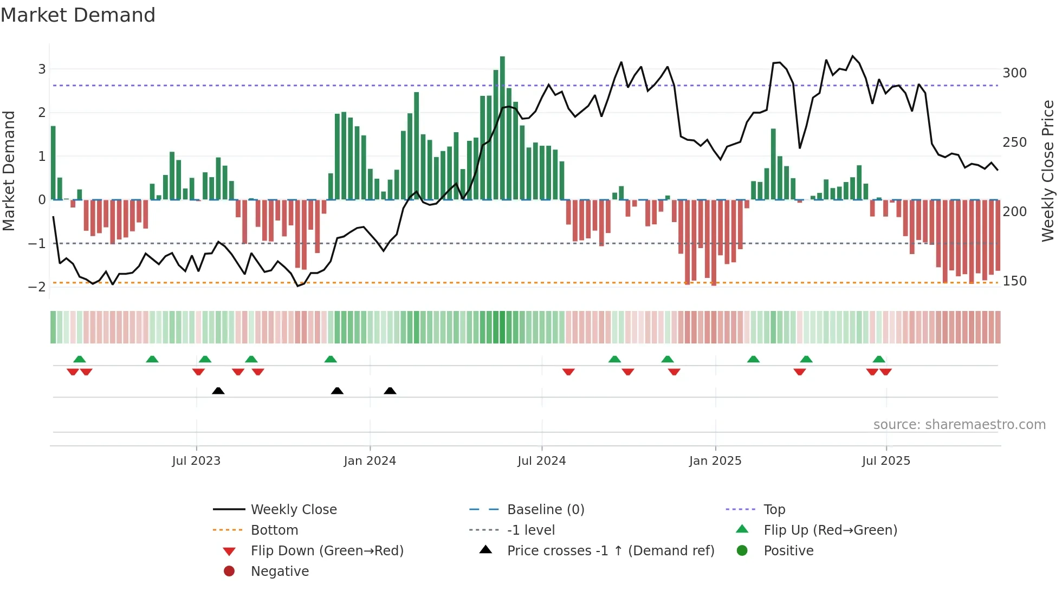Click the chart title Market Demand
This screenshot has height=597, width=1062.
[78, 15]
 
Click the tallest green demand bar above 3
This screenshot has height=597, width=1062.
[502, 128]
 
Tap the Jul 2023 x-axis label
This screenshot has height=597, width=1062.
[196, 461]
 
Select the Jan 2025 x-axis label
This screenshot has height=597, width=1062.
[715, 461]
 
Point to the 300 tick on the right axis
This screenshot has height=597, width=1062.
[1014, 73]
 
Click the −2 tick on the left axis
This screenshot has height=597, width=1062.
[37, 287]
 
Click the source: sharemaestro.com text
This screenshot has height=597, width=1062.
[959, 425]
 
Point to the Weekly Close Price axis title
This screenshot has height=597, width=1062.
[1048, 171]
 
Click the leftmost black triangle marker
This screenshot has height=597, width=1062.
[218, 391]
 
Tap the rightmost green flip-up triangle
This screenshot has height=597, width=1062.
[879, 359]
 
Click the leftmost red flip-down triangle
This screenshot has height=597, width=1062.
[73, 372]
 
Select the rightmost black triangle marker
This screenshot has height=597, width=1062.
[390, 391]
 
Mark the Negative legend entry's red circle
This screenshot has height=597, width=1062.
[229, 572]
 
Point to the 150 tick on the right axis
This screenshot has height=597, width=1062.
[1014, 281]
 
